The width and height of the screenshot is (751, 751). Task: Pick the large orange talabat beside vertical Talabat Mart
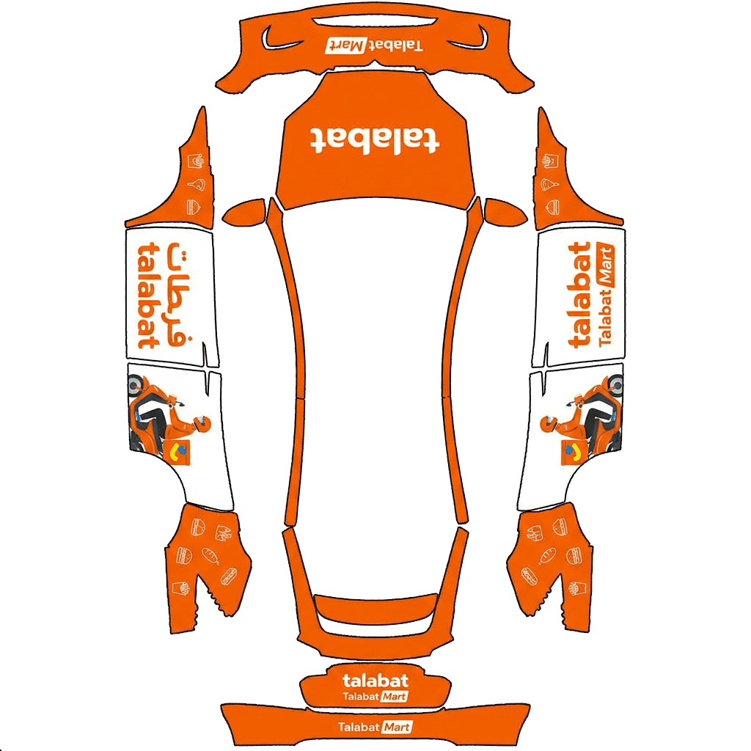579,295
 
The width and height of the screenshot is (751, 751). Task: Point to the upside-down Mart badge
345,46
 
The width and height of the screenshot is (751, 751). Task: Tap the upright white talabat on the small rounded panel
375,681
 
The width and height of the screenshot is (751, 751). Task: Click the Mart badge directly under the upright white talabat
394,697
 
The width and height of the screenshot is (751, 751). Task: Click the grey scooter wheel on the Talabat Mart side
615,384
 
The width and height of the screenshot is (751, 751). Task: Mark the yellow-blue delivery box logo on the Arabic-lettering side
180,451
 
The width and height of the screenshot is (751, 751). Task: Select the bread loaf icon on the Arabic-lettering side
210,556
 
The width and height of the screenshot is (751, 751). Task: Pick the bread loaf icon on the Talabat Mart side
547,556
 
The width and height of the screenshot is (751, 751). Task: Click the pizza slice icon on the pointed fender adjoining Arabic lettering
196,184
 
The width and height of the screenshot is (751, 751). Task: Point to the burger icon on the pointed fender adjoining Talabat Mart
552,208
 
